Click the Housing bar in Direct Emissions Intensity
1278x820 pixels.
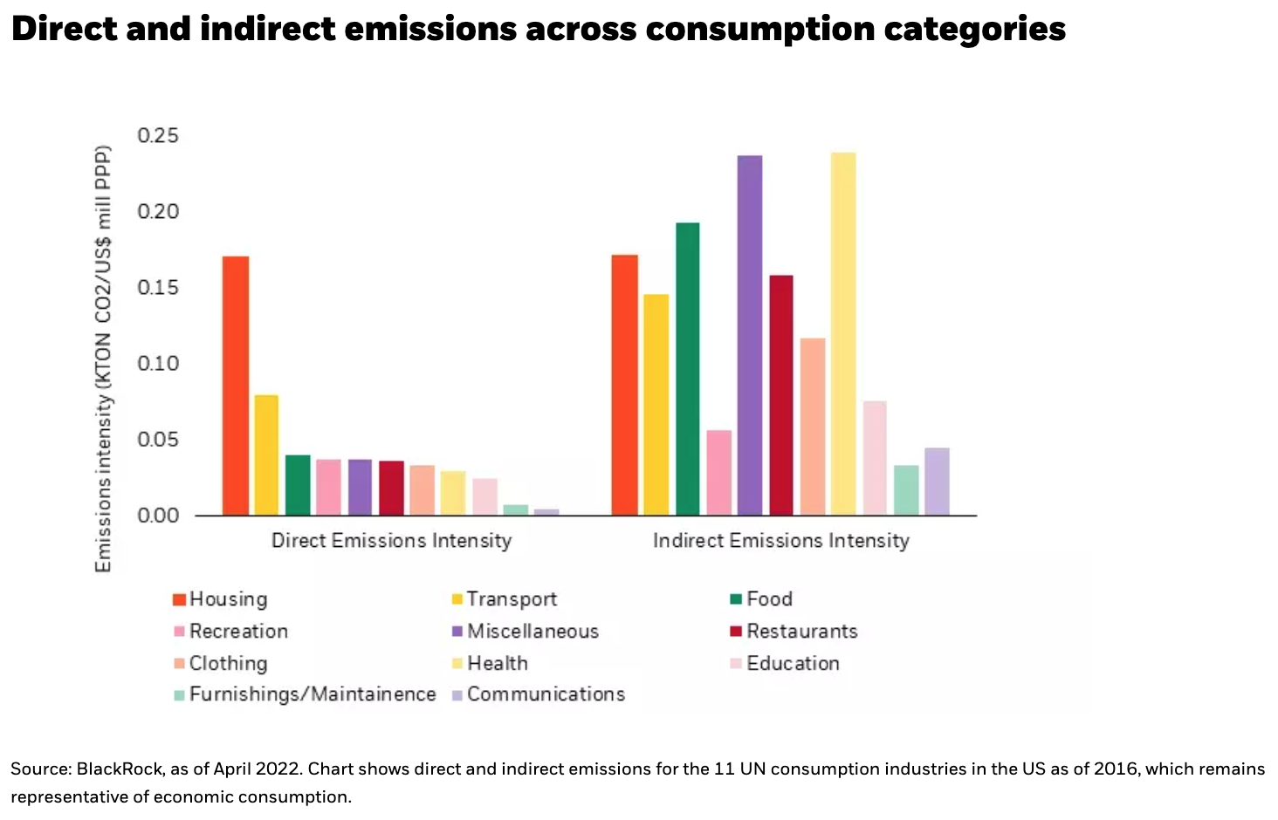pyautogui.click(x=236, y=385)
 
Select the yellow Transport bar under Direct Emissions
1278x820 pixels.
pyautogui.click(x=266, y=454)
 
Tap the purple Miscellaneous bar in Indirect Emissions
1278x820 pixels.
pyautogui.click(x=750, y=335)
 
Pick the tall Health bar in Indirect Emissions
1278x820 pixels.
pyautogui.click(x=843, y=333)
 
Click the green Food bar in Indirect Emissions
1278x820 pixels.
pyautogui.click(x=687, y=368)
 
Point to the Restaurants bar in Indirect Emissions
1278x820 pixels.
pyautogui.click(x=781, y=394)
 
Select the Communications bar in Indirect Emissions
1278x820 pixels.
pyautogui.click(x=937, y=482)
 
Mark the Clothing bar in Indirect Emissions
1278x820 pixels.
pyautogui.click(x=813, y=426)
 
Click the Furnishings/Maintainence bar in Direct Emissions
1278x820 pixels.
pyautogui.click(x=515, y=509)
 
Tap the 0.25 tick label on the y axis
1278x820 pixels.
pyautogui.click(x=158, y=136)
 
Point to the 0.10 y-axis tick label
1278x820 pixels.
pyautogui.click(x=158, y=363)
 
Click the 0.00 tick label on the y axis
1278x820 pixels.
pyautogui.click(x=158, y=516)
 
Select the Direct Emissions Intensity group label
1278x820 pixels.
pyautogui.click(x=391, y=541)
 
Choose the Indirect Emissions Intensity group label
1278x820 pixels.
pyautogui.click(x=781, y=541)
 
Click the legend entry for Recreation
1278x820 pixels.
pyautogui.click(x=237, y=631)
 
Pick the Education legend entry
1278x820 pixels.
pyautogui.click(x=792, y=663)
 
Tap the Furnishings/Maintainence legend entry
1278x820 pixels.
pyautogui.click(x=312, y=694)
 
